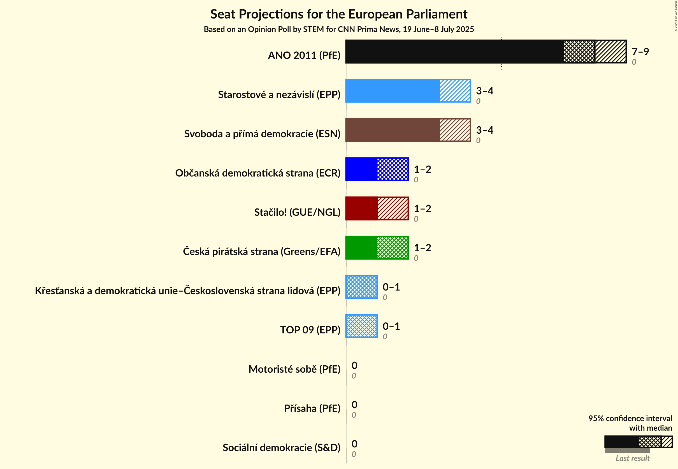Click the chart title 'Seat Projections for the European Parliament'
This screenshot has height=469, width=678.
(338, 14)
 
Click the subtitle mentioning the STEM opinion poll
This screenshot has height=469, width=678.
(338, 29)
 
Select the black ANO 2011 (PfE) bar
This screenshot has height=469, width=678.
(486, 52)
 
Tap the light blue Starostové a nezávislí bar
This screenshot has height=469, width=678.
(408, 91)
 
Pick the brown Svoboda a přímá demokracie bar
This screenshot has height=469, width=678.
(408, 130)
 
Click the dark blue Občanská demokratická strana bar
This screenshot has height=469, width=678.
(377, 169)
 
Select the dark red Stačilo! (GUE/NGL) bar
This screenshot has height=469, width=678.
(377, 209)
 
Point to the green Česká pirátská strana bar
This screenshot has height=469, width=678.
(377, 248)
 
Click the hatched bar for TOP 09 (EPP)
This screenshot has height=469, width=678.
(361, 326)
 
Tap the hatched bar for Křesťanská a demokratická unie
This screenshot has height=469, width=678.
(361, 287)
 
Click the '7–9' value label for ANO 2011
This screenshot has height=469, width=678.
(640, 52)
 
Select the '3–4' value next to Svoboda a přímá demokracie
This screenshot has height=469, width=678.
(484, 130)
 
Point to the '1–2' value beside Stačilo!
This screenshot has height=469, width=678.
(422, 209)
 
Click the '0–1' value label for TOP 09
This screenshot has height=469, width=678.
(391, 326)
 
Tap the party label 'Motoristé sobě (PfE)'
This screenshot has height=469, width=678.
(294, 369)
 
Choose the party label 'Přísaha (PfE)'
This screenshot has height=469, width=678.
(312, 408)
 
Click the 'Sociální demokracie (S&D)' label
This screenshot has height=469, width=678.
(281, 447)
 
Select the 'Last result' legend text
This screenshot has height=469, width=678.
(632, 458)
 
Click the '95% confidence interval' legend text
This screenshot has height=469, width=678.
(630, 419)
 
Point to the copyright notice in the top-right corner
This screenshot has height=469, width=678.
(676, 16)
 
